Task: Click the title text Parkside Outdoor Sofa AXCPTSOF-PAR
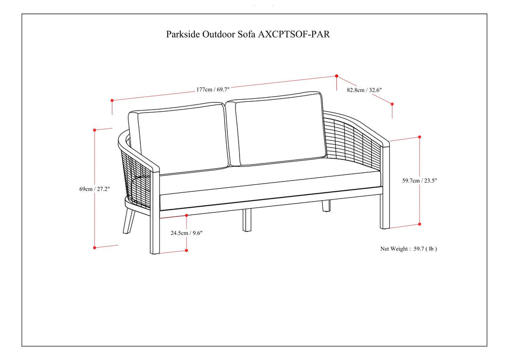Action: (251, 34)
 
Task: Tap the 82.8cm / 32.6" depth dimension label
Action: (364, 90)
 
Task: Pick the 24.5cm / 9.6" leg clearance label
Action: (187, 232)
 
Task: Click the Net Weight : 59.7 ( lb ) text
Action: (409, 248)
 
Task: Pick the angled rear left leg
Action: (129, 219)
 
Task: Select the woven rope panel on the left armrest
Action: (138, 177)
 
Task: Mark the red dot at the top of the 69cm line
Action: (95, 130)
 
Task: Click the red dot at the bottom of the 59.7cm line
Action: (420, 224)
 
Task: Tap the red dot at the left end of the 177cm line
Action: (112, 100)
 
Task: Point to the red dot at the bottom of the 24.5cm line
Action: (186, 250)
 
